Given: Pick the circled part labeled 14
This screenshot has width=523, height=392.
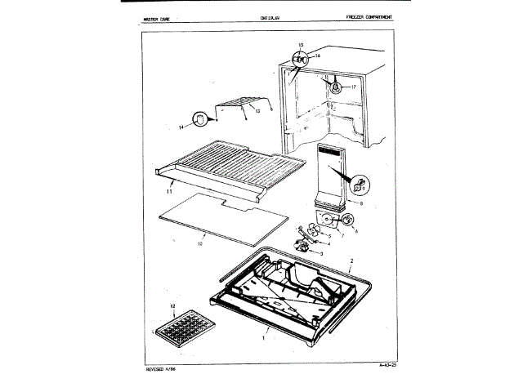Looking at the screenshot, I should point(198,121).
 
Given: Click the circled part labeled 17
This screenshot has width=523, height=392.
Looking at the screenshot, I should point(333,85).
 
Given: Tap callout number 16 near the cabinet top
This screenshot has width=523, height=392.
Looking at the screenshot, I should point(319,56).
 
